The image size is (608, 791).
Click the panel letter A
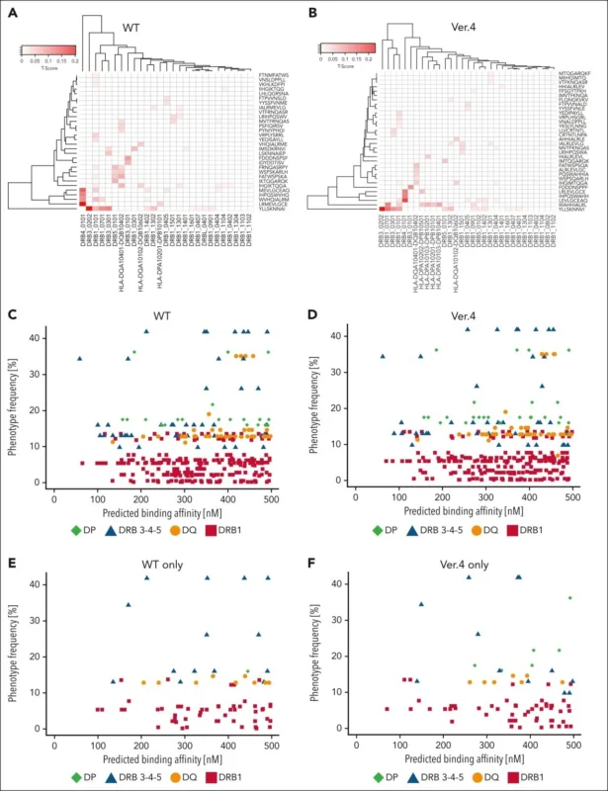click(x=9, y=11)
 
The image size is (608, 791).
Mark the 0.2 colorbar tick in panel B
click(x=376, y=60)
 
